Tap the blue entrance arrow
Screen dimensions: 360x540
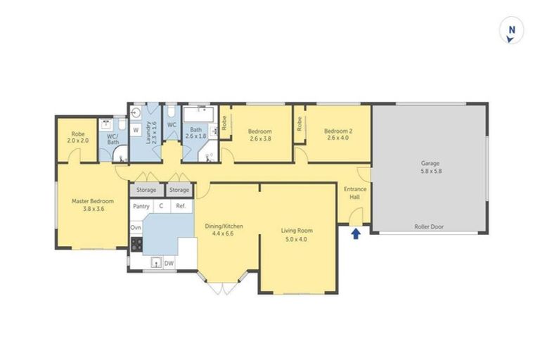(356, 233)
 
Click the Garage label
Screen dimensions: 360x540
(430, 163)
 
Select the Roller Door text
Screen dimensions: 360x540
(429, 227)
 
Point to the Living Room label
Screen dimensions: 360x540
(297, 231)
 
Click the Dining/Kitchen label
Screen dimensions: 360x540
(224, 226)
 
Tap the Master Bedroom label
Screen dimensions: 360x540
(89, 201)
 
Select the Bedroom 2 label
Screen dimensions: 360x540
(337, 131)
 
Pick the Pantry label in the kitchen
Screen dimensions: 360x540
(141, 206)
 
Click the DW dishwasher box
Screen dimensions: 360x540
(169, 263)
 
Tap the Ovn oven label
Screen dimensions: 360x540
(136, 227)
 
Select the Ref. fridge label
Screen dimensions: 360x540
(181, 206)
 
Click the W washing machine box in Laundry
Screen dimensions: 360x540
(136, 131)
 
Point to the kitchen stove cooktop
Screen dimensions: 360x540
(136, 244)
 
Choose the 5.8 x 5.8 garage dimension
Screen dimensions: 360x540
(430, 171)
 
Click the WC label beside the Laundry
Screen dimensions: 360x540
(172, 125)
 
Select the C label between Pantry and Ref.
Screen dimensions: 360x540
(161, 206)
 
